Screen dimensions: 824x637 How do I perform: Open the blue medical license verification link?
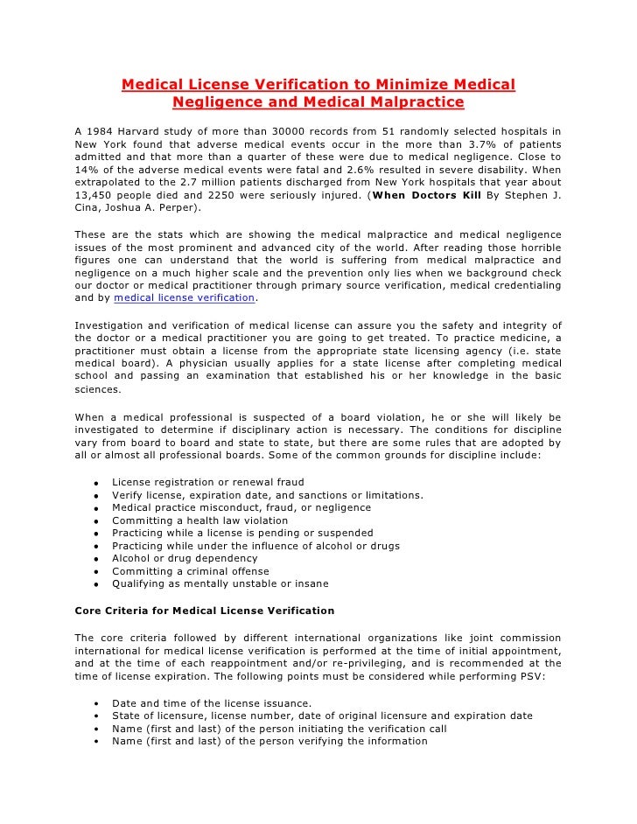click(184, 298)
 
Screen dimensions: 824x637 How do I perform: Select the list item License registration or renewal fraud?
click(208, 482)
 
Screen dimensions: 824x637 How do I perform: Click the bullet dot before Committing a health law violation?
click(94, 521)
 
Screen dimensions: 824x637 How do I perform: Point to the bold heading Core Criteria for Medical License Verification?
click(205, 610)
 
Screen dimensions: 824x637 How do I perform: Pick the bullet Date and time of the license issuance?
click(212, 702)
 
